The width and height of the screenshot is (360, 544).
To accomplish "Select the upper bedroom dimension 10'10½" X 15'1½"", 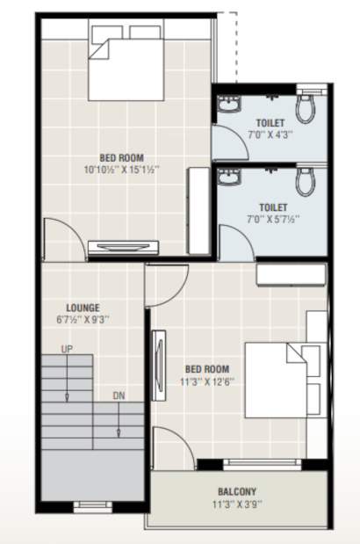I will pyautogui.click(x=122, y=169).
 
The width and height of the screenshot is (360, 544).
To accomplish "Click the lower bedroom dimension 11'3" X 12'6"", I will pyautogui.click(x=207, y=381).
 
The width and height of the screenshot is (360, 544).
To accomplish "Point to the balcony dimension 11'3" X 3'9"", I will pyautogui.click(x=237, y=504).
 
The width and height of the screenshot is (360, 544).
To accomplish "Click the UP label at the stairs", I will pyautogui.click(x=67, y=350).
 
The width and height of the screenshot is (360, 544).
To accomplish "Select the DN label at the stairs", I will pyautogui.click(x=119, y=396).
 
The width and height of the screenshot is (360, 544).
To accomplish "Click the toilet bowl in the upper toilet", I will pyautogui.click(x=306, y=106).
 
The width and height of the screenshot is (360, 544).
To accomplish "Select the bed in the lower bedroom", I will pyautogui.click(x=281, y=378).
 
